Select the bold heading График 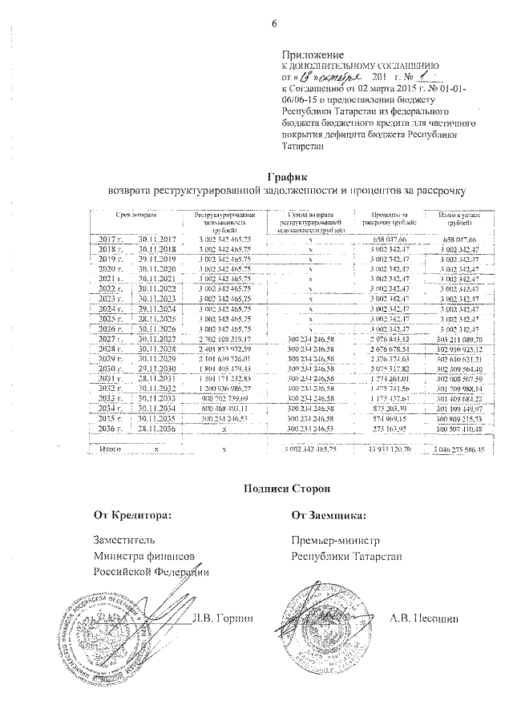click(x=286, y=175)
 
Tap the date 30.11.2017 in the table click(x=156, y=240)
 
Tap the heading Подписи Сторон click(x=286, y=488)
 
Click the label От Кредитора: click(x=133, y=515)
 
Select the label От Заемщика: click(x=329, y=515)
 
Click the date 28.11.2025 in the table click(x=156, y=318)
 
